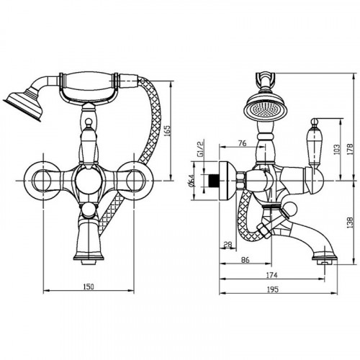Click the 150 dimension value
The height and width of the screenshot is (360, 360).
89,287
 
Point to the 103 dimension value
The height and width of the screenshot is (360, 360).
337,149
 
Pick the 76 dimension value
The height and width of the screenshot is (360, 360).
243,143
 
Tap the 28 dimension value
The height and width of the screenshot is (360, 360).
228,244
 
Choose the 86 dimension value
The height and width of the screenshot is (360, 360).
245,259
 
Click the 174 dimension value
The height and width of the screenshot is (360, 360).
271,275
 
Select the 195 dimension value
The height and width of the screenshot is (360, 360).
273,289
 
